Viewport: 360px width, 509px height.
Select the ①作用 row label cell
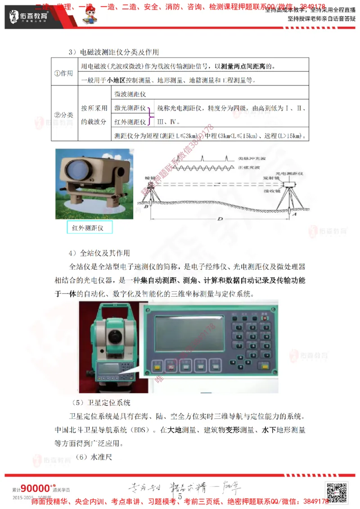pos(63,73)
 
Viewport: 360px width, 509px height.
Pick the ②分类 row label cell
pos(63,115)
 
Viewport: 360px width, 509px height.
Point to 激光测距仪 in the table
pos(130,108)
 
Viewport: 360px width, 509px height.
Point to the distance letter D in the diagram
pos(219,219)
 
